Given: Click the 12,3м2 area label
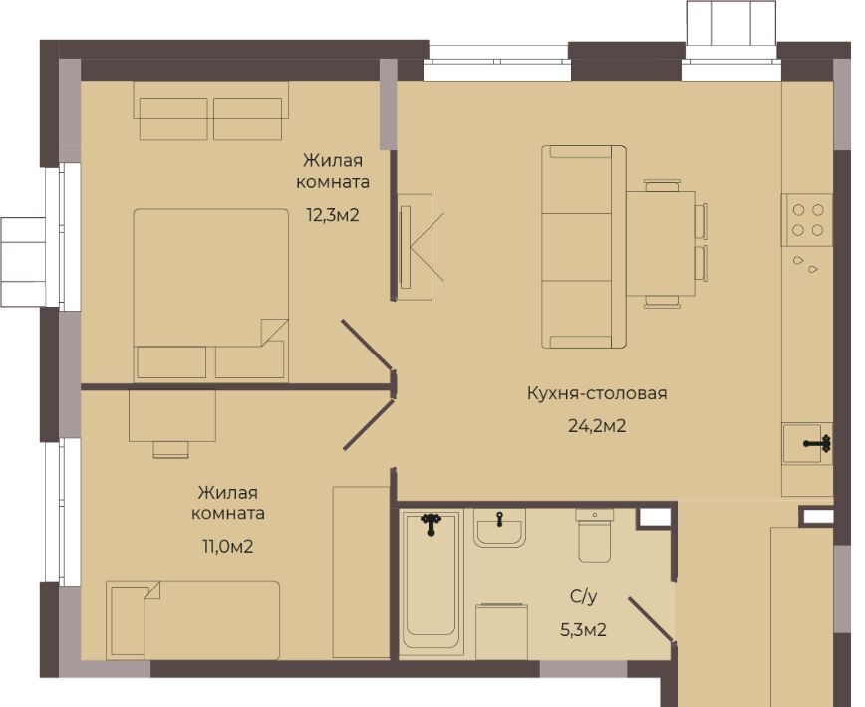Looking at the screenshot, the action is click(x=333, y=215).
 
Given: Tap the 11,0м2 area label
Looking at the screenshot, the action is click(x=227, y=547).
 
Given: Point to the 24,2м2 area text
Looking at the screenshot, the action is click(x=597, y=426).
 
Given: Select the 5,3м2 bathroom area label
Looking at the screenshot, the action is click(x=584, y=629).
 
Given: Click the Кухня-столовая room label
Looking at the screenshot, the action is click(x=597, y=393).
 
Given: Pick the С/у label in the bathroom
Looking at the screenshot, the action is click(x=584, y=596).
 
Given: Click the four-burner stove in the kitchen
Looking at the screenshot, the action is click(x=807, y=219).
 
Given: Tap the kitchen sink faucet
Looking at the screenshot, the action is click(x=819, y=443).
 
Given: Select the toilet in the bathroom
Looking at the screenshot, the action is click(x=595, y=535).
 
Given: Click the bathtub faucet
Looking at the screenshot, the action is click(x=431, y=524).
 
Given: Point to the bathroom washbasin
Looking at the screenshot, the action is click(x=499, y=528).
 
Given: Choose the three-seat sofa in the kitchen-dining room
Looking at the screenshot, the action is click(x=584, y=247).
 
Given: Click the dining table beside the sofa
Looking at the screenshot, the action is click(x=661, y=244).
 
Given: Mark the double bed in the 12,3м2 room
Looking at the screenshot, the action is click(x=210, y=295).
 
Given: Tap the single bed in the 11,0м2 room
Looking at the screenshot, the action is click(x=193, y=619).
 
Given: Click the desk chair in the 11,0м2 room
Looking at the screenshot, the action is click(x=171, y=450).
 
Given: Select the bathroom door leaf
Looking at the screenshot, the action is click(x=651, y=620).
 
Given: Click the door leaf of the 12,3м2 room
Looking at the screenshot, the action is click(x=367, y=346).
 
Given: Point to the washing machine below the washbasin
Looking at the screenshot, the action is click(x=501, y=631).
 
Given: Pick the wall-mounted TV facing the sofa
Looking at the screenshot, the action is click(x=405, y=246).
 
